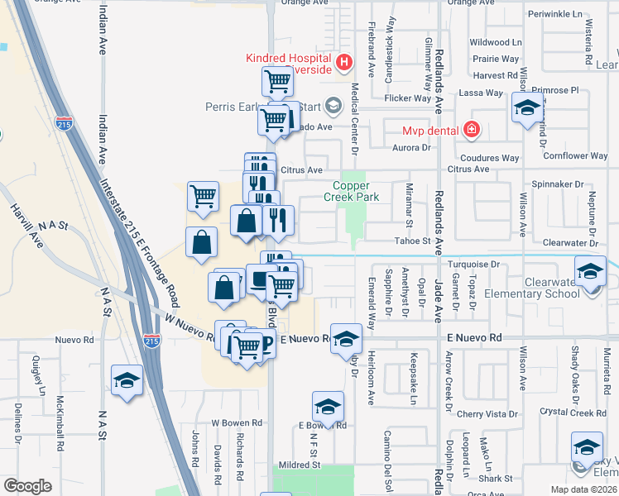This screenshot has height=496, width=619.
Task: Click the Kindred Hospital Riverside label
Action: (x=290, y=63)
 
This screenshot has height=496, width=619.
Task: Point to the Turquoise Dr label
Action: (x=474, y=265)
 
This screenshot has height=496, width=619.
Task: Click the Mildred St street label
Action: (x=298, y=465)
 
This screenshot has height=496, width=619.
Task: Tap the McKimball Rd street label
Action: (x=60, y=425)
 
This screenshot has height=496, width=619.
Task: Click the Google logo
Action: (x=27, y=485)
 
